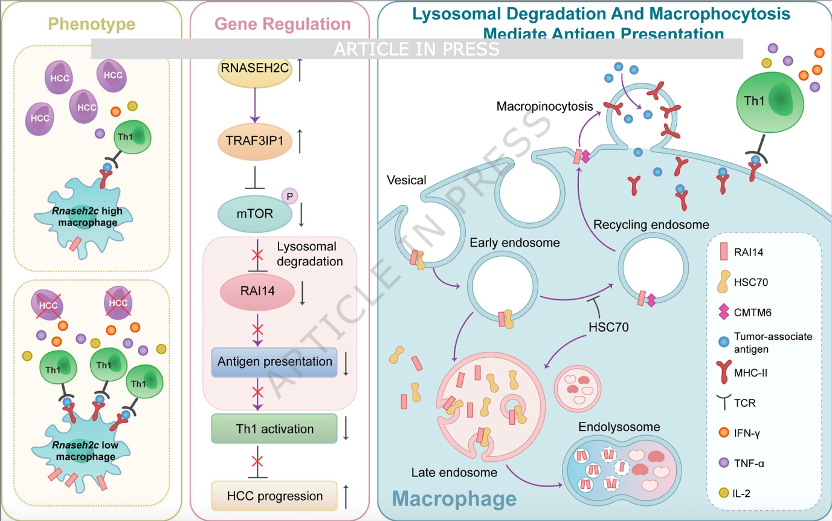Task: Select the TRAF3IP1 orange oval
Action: point(254,141)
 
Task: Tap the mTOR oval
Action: point(254,213)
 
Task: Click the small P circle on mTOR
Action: point(289,196)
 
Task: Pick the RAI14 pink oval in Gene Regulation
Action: point(257,291)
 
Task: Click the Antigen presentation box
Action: point(275,362)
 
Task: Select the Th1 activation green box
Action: point(274,429)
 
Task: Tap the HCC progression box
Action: point(274,496)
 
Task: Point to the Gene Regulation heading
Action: point(283,24)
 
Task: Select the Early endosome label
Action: point(515,243)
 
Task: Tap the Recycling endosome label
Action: point(651,225)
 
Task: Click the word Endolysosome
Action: point(619,427)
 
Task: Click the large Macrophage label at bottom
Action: point(454,499)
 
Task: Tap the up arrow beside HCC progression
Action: point(346,496)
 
